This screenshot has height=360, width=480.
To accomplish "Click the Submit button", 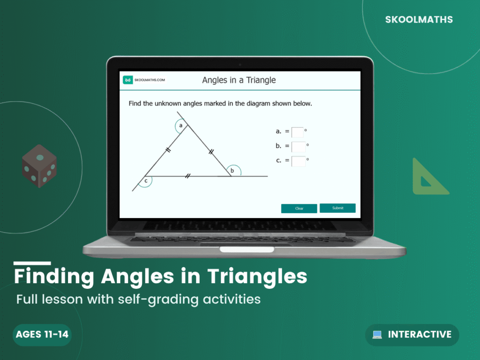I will (337, 208).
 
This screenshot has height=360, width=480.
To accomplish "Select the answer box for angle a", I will (297, 132).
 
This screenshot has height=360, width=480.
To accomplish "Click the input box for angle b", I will (298, 147).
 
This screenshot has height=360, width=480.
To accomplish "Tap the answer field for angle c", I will (298, 161).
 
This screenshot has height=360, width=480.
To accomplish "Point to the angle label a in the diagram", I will (180, 125).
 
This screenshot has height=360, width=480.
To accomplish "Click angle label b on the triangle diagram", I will (232, 171).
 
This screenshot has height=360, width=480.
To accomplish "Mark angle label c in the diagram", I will (146, 180).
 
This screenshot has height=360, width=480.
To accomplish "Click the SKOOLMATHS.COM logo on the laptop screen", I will (144, 80).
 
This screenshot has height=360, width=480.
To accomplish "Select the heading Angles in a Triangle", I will (239, 80).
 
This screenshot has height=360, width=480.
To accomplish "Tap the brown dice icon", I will (39, 166).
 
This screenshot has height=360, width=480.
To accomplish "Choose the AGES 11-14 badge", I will (42, 335).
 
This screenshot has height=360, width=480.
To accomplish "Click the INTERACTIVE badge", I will (412, 335).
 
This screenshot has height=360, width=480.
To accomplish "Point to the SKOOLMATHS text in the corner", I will (419, 20).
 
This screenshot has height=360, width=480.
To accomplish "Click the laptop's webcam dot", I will (240, 64).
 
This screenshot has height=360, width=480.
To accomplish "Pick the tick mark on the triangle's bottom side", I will (187, 176).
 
